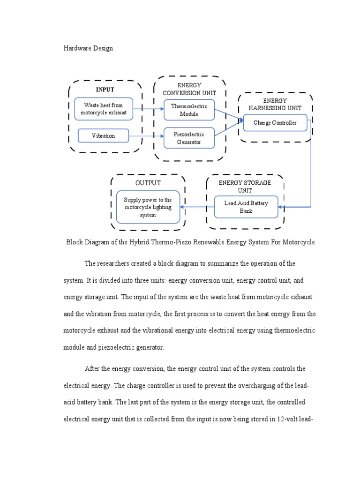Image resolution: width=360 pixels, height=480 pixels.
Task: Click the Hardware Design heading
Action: [x=88, y=48]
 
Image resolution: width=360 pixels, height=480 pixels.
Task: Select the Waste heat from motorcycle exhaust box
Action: [x=103, y=109]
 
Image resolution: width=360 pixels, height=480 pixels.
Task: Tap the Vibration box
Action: [x=103, y=136]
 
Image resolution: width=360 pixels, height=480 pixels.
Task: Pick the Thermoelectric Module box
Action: [x=189, y=110]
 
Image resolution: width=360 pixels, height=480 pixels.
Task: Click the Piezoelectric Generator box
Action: [x=189, y=138]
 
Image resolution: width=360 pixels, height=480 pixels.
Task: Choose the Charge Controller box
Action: [x=275, y=123]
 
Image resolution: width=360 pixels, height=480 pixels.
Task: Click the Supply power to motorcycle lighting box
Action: [x=148, y=207]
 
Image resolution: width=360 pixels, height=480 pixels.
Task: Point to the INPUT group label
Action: [x=105, y=90]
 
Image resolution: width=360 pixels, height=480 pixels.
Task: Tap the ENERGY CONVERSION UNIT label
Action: [x=189, y=89]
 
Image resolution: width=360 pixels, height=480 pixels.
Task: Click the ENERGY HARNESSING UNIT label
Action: [x=275, y=104]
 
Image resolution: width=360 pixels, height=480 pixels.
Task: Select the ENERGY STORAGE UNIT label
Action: [x=245, y=186]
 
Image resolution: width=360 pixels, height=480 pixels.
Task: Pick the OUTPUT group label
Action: [x=148, y=183]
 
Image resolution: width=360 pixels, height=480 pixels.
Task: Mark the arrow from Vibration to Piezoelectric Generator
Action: [x=146, y=136]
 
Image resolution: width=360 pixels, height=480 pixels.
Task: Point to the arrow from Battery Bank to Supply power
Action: [x=197, y=207]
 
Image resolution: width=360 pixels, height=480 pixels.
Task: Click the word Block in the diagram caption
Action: [x=74, y=242]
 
